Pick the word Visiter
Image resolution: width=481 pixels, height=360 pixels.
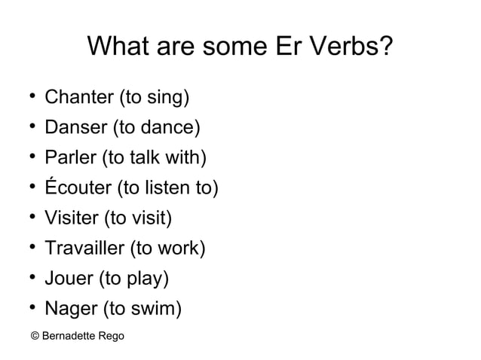click(x=72, y=218)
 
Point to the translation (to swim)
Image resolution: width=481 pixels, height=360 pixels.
click(x=142, y=309)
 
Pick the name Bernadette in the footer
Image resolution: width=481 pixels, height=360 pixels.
click(x=69, y=335)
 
